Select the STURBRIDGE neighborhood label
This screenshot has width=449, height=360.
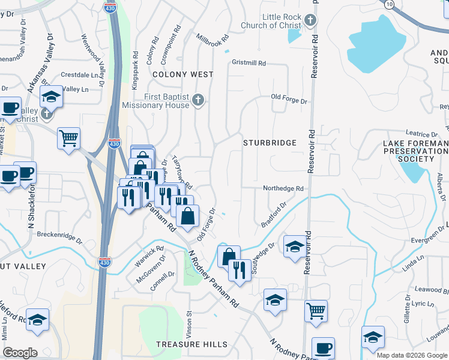pos(270,143)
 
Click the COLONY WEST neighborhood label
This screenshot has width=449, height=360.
pos(182,74)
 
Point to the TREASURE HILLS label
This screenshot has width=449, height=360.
pos(191,344)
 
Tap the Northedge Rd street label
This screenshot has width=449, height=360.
pos(283,188)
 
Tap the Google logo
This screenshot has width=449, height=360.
pos(20,353)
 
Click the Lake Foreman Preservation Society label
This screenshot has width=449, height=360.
pos(416,151)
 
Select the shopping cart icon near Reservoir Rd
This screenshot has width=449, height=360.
pos(316,311)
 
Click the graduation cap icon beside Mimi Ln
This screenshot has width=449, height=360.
pos(37,321)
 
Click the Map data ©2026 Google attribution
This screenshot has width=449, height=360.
pos(411,355)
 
